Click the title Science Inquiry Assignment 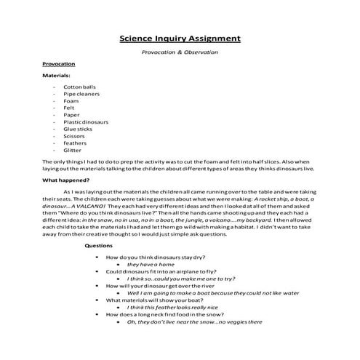(x=180, y=38)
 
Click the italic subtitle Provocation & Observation (x=180, y=52)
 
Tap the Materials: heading (x=56, y=75)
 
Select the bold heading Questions (x=99, y=246)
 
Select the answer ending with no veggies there (x=194, y=321)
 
